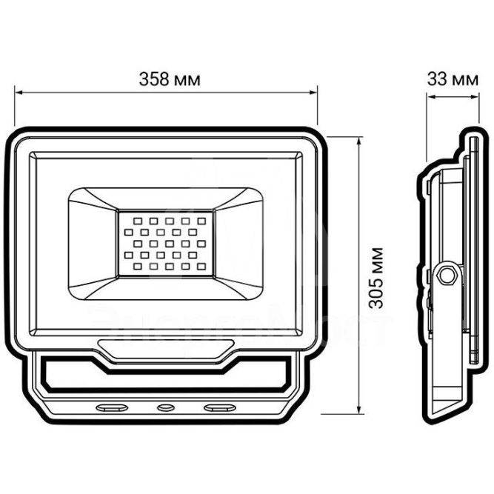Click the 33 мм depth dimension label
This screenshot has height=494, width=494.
tap(452, 79)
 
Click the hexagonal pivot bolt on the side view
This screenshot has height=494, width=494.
tap(447, 275)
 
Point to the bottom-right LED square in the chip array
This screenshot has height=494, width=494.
tap(201, 266)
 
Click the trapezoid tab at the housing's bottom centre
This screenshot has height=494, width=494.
tap(166, 348)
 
